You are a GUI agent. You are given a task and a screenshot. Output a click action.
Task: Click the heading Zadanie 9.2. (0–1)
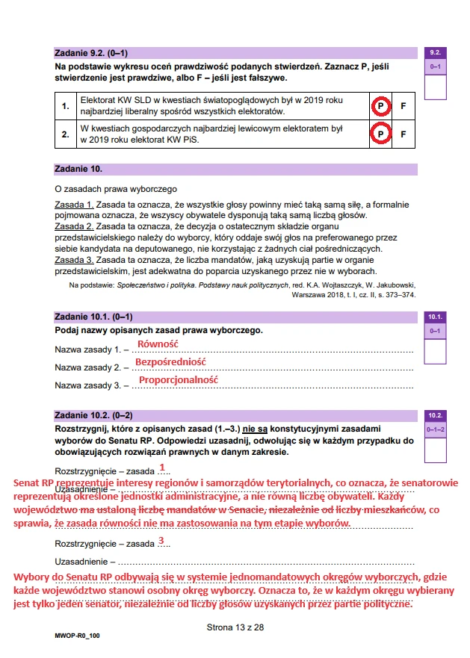coord(92,54)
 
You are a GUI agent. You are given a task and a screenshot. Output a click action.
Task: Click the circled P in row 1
coord(380,106)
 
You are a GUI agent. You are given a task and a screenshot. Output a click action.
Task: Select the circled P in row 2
coord(380,134)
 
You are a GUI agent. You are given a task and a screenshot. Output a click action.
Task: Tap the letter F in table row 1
coord(403,106)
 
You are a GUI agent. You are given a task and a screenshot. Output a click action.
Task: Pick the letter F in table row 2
coord(403,134)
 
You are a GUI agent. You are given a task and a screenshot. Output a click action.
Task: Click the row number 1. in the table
coord(66,106)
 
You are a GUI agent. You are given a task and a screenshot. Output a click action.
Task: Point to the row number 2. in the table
coord(66,134)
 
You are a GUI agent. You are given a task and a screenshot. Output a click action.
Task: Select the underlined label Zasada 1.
coord(74,204)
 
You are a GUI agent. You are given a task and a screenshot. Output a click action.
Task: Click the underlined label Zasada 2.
coord(74,226)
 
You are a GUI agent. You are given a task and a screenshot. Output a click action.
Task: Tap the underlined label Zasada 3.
coord(74,259)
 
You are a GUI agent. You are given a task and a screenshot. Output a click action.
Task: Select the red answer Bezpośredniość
coord(170,361)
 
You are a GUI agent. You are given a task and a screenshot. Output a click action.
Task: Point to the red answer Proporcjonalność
coord(179,379)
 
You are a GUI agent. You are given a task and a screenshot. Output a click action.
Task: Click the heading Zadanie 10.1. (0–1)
coord(94,317)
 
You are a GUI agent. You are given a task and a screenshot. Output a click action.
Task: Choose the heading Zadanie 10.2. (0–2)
coord(94,415)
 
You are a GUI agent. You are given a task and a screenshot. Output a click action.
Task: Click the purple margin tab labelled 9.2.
coord(435,54)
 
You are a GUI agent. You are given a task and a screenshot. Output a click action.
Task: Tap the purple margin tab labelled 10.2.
coord(435,415)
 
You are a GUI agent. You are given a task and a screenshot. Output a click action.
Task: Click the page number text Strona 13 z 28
coord(235,627)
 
